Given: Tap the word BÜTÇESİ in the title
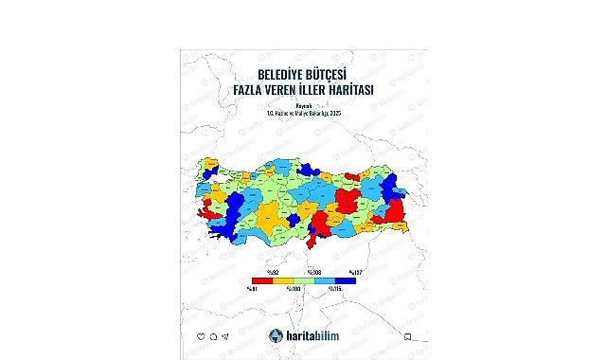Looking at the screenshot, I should tap(327, 72).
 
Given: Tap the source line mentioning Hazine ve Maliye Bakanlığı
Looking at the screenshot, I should tap(303, 114).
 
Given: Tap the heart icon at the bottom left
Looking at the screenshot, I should tap(201, 336).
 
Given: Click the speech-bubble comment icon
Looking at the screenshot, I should tap(214, 336).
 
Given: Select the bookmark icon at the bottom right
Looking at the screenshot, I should tap(407, 336).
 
